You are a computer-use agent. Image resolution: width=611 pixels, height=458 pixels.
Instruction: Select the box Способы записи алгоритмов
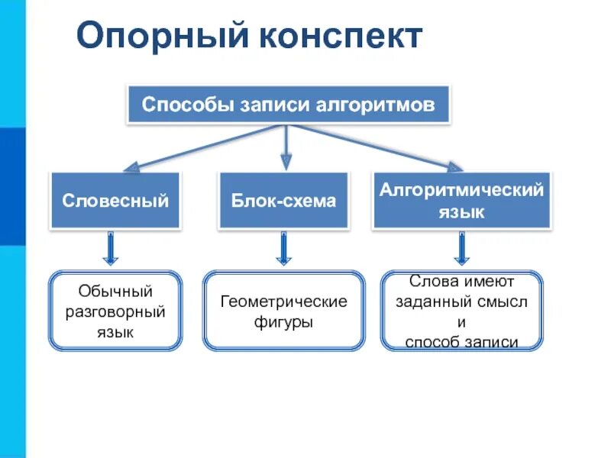click(x=289, y=105)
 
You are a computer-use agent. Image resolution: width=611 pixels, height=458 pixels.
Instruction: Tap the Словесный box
click(x=115, y=201)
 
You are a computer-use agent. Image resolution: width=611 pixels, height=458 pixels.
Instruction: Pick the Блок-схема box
click(x=283, y=201)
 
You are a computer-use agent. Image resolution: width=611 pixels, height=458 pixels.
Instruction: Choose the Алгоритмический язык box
click(x=461, y=201)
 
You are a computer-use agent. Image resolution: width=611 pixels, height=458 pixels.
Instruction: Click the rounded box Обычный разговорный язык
click(x=116, y=311)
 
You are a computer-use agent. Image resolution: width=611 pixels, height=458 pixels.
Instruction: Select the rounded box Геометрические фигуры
click(x=283, y=311)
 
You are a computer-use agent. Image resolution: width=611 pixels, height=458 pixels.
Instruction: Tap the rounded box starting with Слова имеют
click(x=461, y=311)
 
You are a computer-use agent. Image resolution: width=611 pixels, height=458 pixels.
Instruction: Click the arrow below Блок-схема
click(x=284, y=250)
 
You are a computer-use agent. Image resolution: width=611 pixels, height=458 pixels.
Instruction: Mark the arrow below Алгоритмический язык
click(x=462, y=250)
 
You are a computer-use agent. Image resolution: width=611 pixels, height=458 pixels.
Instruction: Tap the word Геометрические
click(x=283, y=302)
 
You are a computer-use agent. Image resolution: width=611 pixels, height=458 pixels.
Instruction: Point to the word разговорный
click(x=116, y=311)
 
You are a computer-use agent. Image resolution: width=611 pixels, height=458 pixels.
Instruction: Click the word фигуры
click(x=283, y=322)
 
